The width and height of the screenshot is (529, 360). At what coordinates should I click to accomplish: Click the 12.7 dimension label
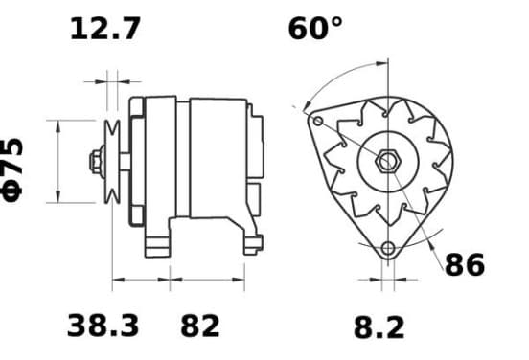[104, 29]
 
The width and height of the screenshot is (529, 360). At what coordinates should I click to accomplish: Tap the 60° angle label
[315, 29]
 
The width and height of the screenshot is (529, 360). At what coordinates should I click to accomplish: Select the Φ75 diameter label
[12, 169]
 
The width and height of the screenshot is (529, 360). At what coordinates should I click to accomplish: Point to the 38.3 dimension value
[103, 326]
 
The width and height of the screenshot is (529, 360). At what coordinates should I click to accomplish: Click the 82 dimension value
[200, 326]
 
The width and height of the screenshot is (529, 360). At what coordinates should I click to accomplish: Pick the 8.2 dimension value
[379, 327]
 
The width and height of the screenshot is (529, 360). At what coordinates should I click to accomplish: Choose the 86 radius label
[465, 265]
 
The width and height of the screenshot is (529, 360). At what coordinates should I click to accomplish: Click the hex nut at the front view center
[387, 161]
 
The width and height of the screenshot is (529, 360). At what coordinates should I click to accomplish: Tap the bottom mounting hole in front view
[388, 249]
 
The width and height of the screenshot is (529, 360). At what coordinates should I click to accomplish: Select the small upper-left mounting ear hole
[318, 121]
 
